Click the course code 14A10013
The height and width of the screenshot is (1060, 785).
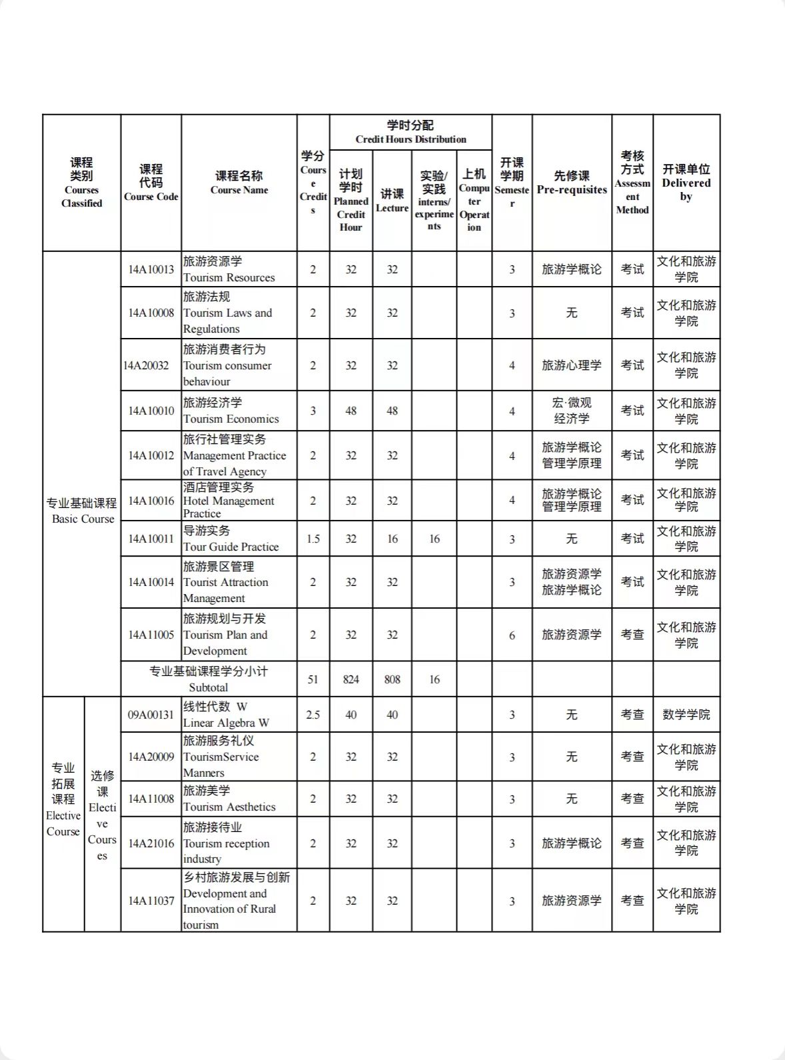tap(151, 269)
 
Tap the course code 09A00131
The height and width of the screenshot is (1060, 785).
tap(151, 715)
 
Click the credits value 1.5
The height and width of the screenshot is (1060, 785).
tap(313, 539)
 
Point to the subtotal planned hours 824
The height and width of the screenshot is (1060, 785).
tap(351, 679)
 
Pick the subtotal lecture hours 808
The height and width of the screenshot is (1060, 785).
tap(392, 679)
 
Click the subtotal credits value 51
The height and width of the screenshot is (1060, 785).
tap(313, 679)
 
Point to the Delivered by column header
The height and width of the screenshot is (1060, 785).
tap(686, 183)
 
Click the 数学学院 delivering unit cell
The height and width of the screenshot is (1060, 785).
tap(686, 715)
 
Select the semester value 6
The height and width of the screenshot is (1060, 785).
tap(512, 635)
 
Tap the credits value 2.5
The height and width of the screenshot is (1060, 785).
tap(313, 715)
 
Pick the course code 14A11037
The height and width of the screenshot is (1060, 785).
tap(151, 901)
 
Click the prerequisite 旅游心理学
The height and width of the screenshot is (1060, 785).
tap(572, 365)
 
